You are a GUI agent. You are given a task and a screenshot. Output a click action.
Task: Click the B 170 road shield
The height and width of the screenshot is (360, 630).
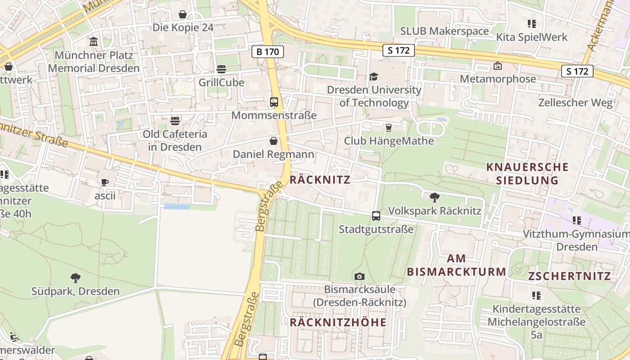click(x=267, y=52)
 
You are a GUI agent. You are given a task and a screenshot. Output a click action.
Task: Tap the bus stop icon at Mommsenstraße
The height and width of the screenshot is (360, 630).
click(x=274, y=102)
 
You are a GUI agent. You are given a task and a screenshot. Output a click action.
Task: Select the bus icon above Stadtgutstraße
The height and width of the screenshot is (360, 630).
click(x=376, y=216)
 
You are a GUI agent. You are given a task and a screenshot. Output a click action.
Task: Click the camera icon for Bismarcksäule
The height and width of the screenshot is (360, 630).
click(x=359, y=276)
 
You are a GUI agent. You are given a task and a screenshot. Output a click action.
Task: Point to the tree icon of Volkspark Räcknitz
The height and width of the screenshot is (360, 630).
click(x=434, y=197)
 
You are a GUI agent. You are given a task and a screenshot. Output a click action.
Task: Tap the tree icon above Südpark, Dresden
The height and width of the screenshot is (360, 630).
click(x=76, y=278)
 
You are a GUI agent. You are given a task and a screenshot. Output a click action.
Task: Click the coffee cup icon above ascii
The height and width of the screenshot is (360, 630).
click(x=105, y=182)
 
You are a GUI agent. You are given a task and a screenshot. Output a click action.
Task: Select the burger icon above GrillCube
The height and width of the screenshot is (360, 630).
click(x=221, y=69)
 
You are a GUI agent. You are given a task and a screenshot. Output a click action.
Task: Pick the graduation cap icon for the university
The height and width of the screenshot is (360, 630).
click(x=374, y=76)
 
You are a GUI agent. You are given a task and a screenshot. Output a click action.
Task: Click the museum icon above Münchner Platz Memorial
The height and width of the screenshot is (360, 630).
click(x=94, y=42)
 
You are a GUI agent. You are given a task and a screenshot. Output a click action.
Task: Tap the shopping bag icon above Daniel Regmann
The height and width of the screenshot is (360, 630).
click(x=273, y=141)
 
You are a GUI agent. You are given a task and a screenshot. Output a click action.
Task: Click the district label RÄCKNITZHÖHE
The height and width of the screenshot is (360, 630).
click(x=338, y=322)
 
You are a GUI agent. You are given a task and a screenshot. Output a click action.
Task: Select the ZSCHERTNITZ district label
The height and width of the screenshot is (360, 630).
click(x=569, y=276)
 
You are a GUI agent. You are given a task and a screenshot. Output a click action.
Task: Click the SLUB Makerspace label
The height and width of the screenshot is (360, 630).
click(x=444, y=31)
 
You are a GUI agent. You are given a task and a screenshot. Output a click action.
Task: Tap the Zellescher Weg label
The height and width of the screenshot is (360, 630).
click(x=575, y=103)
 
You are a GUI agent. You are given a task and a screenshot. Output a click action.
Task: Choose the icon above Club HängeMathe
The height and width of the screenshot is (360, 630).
click(x=389, y=128)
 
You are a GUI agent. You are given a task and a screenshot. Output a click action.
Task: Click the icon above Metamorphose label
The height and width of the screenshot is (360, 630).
click(x=498, y=66)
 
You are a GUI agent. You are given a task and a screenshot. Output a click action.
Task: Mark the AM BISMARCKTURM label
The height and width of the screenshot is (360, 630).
click(x=457, y=265)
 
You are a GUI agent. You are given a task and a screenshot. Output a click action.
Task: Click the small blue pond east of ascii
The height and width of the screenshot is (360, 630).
click(x=176, y=206)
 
